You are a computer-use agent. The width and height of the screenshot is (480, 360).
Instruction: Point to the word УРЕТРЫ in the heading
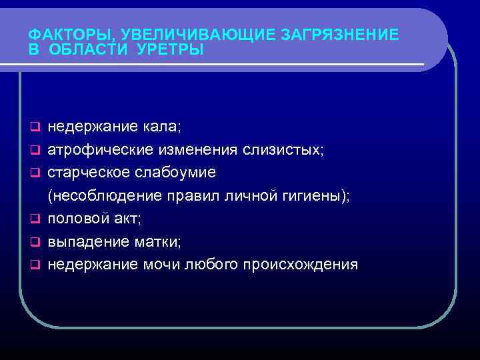172,50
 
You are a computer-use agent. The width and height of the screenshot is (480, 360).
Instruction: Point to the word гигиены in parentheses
315,195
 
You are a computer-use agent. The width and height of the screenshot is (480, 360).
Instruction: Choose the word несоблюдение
105,195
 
